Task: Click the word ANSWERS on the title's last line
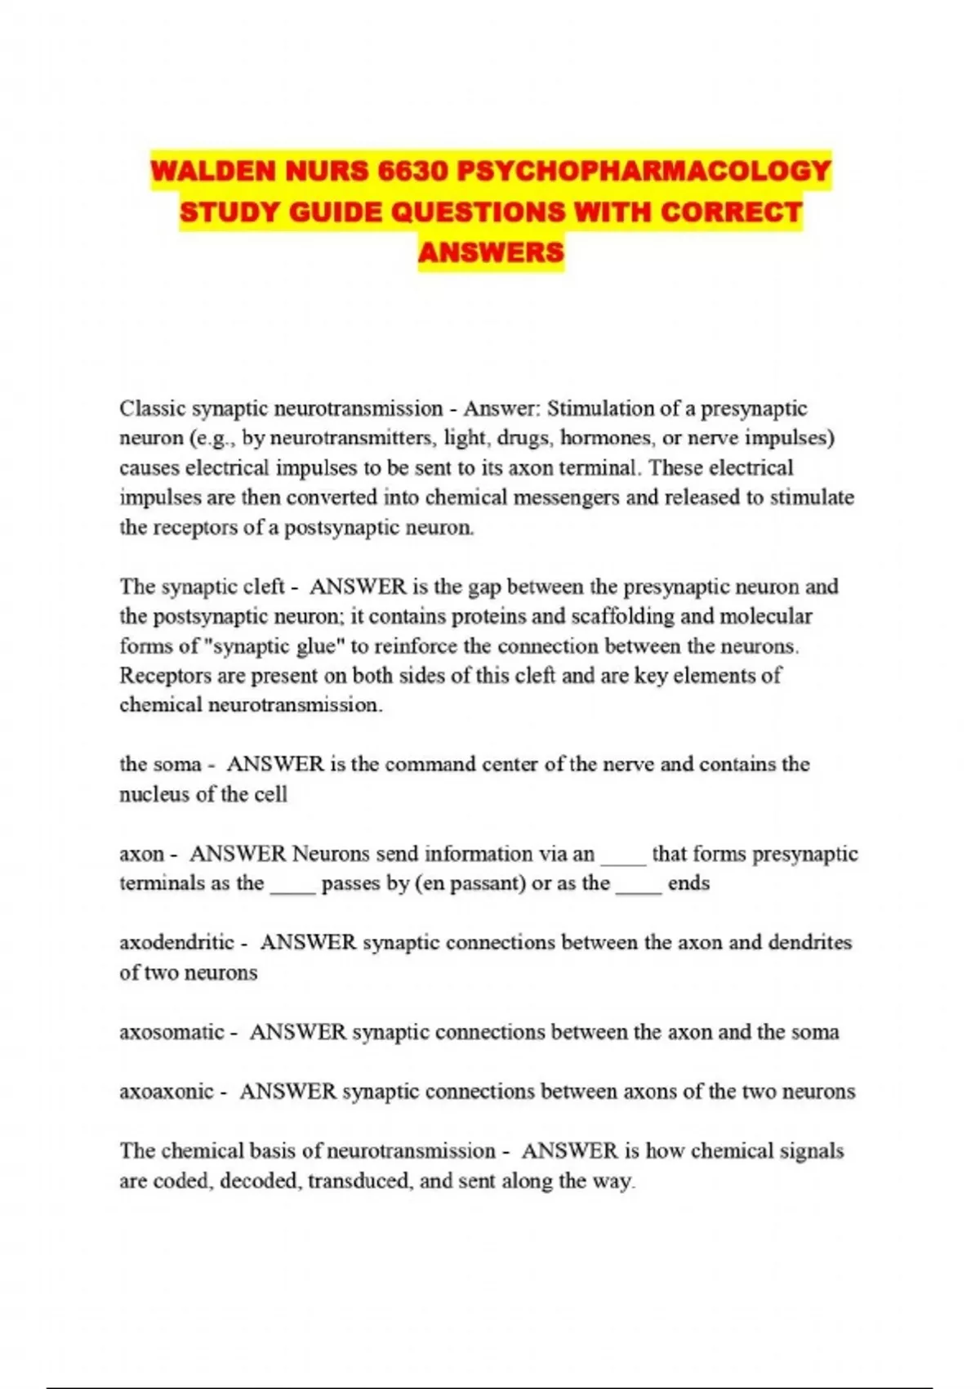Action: click(x=491, y=252)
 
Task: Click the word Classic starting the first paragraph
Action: click(x=152, y=408)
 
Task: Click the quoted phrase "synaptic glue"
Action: click(x=274, y=646)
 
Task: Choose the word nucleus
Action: click(x=155, y=794)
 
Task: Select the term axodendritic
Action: click(x=177, y=942)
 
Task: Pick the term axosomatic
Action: click(x=172, y=1032)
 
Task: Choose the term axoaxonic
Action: click(x=167, y=1092)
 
